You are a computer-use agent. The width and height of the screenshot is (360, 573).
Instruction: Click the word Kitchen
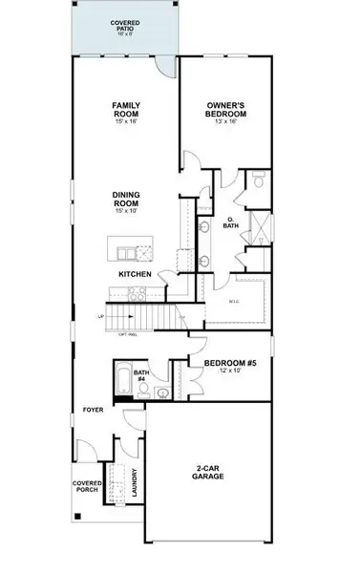pos(135,275)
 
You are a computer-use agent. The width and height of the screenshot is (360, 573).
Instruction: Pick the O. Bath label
pos(229,224)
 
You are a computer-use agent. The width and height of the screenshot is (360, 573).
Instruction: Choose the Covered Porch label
pos(88,487)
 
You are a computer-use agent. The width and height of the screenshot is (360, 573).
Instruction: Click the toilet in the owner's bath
pos(259,181)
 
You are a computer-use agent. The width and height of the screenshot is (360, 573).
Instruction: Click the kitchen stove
pos(144,253)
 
